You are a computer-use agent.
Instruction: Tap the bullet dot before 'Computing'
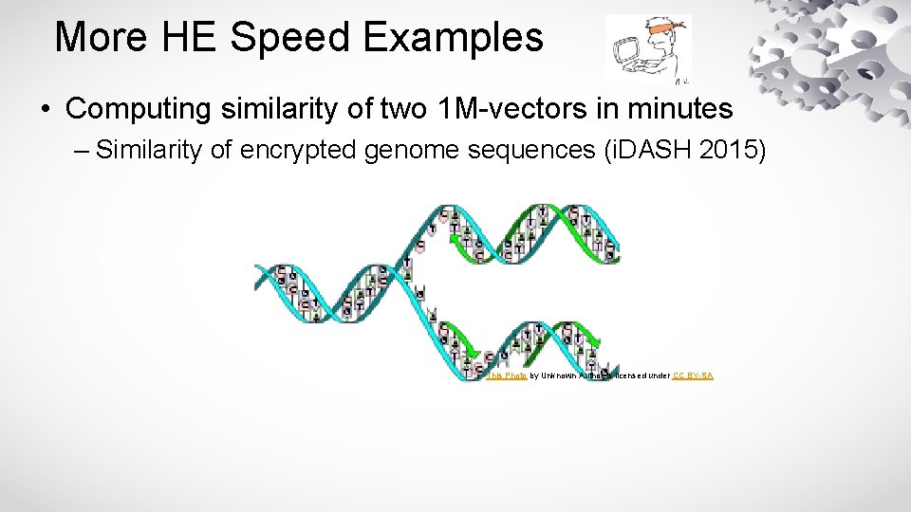point(46,110)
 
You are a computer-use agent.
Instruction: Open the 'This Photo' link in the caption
point(507,375)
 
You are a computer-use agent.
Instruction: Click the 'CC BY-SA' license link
point(693,375)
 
